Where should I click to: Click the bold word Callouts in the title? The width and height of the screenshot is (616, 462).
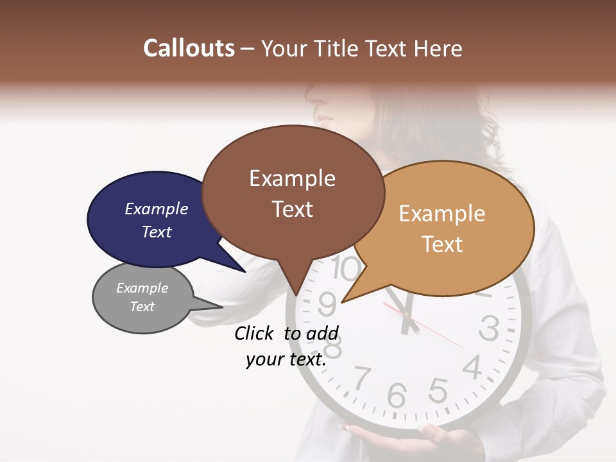(x=189, y=48)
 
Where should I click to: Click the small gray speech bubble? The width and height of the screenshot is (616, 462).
(x=142, y=298)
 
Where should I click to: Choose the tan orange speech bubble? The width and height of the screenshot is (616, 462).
(x=449, y=228)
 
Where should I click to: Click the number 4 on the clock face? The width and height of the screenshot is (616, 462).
(x=473, y=367)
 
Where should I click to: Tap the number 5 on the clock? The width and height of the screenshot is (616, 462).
(x=438, y=389)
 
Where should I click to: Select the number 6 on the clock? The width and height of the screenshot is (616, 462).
(x=397, y=396)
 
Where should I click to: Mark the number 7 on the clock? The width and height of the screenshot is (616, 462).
(x=363, y=377)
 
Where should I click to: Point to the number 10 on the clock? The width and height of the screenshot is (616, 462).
(x=346, y=269)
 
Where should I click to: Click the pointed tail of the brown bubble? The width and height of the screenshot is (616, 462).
(x=296, y=289)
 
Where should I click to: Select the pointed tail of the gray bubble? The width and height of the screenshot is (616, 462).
(x=215, y=305)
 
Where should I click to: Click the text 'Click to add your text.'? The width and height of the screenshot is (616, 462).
(x=286, y=346)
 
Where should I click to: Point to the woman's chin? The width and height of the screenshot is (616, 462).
(x=324, y=122)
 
